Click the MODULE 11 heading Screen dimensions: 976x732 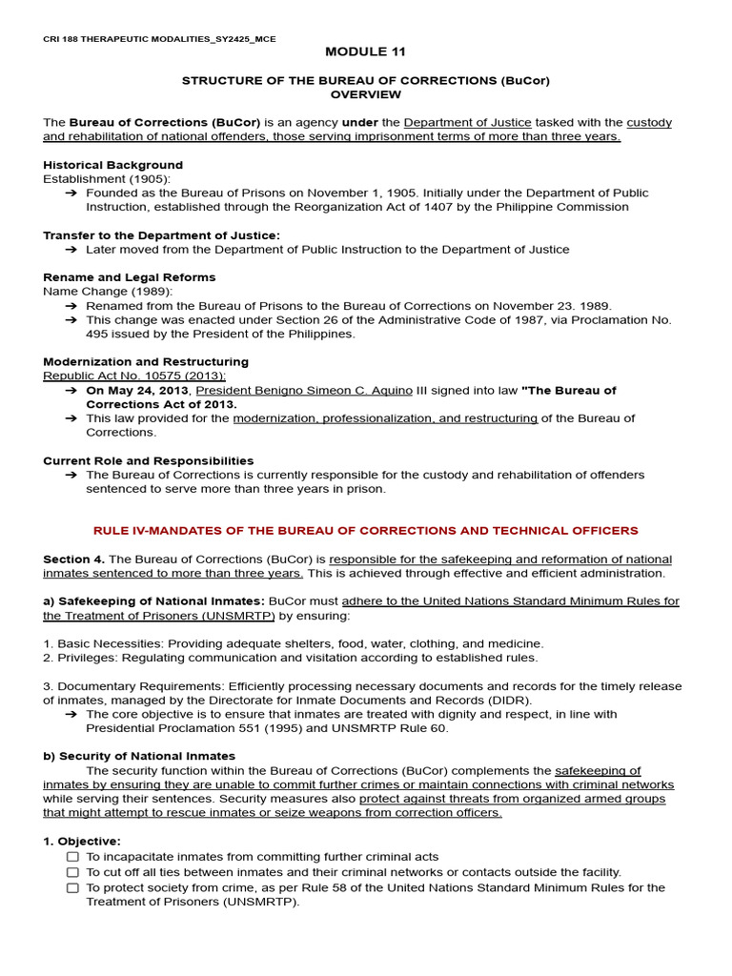tap(365, 51)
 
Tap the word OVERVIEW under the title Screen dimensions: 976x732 tap(365, 94)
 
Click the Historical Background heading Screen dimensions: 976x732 tap(112, 165)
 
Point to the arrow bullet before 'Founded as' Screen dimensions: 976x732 tap(71, 193)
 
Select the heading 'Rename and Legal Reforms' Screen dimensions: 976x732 tap(130, 277)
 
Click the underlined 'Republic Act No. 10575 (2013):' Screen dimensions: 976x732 tap(134, 376)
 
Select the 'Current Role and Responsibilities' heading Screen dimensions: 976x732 tap(148, 460)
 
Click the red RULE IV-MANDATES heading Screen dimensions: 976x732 tap(365, 531)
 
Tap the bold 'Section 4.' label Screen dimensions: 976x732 tap(74, 559)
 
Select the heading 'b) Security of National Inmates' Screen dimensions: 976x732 tap(139, 756)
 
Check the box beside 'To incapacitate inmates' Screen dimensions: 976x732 tap(72, 858)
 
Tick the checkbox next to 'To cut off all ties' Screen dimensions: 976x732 tap(72, 873)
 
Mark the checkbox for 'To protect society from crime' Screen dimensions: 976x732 tap(72, 888)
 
